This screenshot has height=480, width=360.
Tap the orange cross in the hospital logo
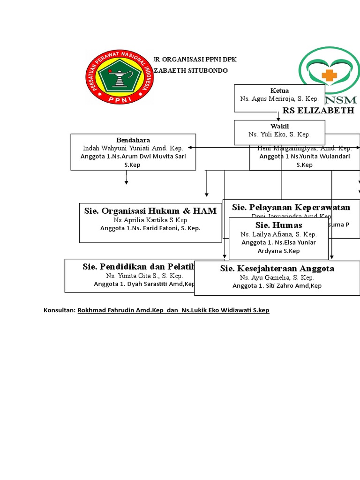(329, 75)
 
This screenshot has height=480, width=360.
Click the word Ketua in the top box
(279, 90)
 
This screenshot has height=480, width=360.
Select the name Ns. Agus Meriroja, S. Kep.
(279, 99)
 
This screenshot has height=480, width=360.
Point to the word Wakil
(279, 126)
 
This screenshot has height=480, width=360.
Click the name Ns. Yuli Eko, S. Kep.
(279, 135)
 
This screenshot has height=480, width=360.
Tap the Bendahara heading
(133, 140)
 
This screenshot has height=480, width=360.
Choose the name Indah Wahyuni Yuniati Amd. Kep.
(133, 148)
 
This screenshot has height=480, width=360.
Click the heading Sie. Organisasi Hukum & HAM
(150, 211)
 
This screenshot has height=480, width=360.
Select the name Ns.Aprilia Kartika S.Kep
(150, 220)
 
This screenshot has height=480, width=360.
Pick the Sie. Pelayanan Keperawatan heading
(291, 207)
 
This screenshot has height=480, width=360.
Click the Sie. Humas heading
(278, 225)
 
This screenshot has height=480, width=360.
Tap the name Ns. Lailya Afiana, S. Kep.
(278, 234)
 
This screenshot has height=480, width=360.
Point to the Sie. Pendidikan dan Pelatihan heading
(139, 267)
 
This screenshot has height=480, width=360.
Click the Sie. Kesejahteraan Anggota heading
(277, 269)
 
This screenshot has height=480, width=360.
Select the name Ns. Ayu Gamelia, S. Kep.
(277, 277)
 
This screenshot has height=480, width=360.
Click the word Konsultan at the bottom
(59, 310)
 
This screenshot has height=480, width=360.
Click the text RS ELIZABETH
(318, 111)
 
